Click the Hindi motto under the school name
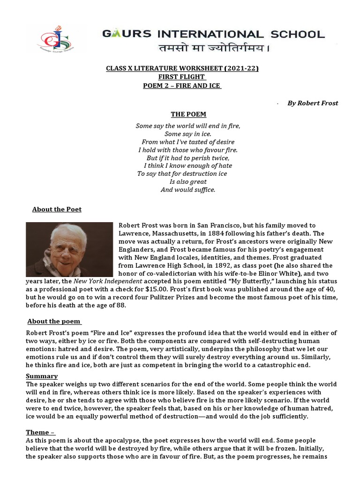coord(213,49)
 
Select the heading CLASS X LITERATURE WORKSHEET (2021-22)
coord(182,69)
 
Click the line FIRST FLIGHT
coord(182,77)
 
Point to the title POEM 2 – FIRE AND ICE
coord(182,86)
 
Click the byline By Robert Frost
coord(313,103)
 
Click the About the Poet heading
coord(57,209)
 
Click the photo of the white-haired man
coord(69,249)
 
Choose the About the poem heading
coord(54,321)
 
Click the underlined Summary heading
coord(42,376)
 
